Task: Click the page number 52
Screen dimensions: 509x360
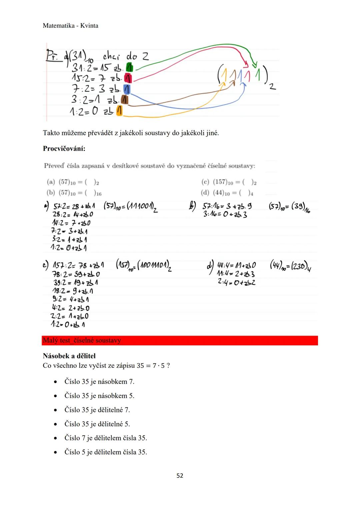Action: (180, 476)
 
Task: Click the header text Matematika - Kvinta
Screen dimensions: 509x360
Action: (70, 26)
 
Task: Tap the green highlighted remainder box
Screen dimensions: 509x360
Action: (130, 68)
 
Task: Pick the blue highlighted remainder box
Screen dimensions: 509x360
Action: (127, 89)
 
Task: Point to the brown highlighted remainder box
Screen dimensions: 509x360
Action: (125, 100)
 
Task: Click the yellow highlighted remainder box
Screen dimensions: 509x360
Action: (119, 111)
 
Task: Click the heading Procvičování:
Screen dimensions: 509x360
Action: (64, 148)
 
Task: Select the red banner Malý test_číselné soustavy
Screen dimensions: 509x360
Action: (180, 340)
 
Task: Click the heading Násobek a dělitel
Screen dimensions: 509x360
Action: (69, 356)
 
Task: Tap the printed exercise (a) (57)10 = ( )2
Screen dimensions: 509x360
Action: (73, 182)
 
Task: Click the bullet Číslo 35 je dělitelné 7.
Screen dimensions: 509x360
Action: (97, 410)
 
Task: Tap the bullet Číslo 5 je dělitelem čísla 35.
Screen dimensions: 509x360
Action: (105, 452)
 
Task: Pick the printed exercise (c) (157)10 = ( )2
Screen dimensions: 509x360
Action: (229, 182)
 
